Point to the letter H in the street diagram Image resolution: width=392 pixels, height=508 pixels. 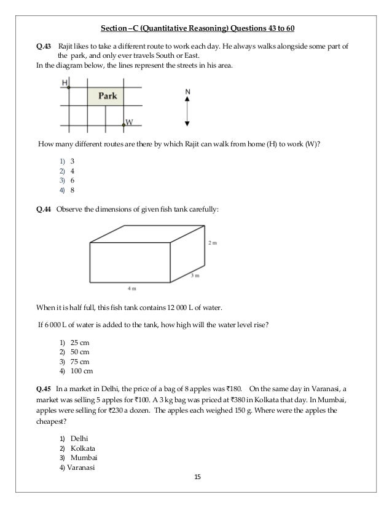tap(65, 82)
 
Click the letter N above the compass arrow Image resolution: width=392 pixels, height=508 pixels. tap(187, 92)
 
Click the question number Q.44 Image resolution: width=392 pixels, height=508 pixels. tap(44, 210)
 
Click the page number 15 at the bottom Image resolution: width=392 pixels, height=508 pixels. tap(197, 478)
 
